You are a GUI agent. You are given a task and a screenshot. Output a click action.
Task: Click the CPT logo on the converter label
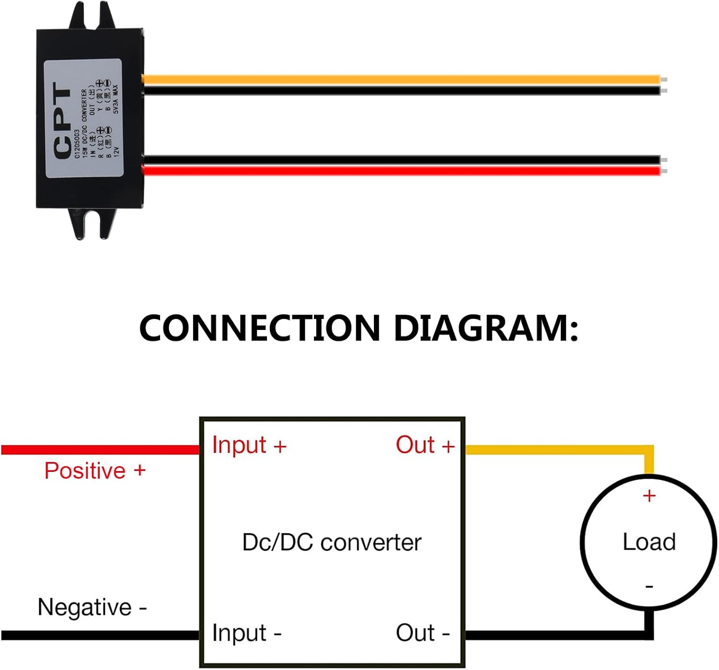(x=63, y=121)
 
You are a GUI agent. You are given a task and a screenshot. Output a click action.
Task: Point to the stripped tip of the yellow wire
(x=664, y=80)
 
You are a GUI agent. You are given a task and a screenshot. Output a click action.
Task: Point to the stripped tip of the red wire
(x=664, y=171)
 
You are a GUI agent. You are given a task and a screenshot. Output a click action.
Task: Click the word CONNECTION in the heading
(x=259, y=329)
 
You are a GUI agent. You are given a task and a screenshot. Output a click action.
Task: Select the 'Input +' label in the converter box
(x=249, y=446)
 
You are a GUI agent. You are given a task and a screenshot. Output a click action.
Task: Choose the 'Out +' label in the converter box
(x=425, y=446)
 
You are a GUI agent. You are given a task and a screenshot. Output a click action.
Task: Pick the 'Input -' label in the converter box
(x=246, y=633)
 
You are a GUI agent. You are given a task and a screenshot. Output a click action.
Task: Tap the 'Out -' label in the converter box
(x=422, y=633)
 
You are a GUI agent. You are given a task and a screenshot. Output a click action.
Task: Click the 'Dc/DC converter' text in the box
(x=332, y=543)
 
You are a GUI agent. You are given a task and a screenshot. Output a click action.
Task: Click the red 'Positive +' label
(x=95, y=471)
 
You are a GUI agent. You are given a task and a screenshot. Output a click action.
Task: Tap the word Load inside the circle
(x=649, y=542)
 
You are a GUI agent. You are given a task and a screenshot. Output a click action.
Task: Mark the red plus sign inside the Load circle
(x=649, y=496)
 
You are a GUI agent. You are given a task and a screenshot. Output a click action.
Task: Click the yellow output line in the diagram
(x=556, y=450)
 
